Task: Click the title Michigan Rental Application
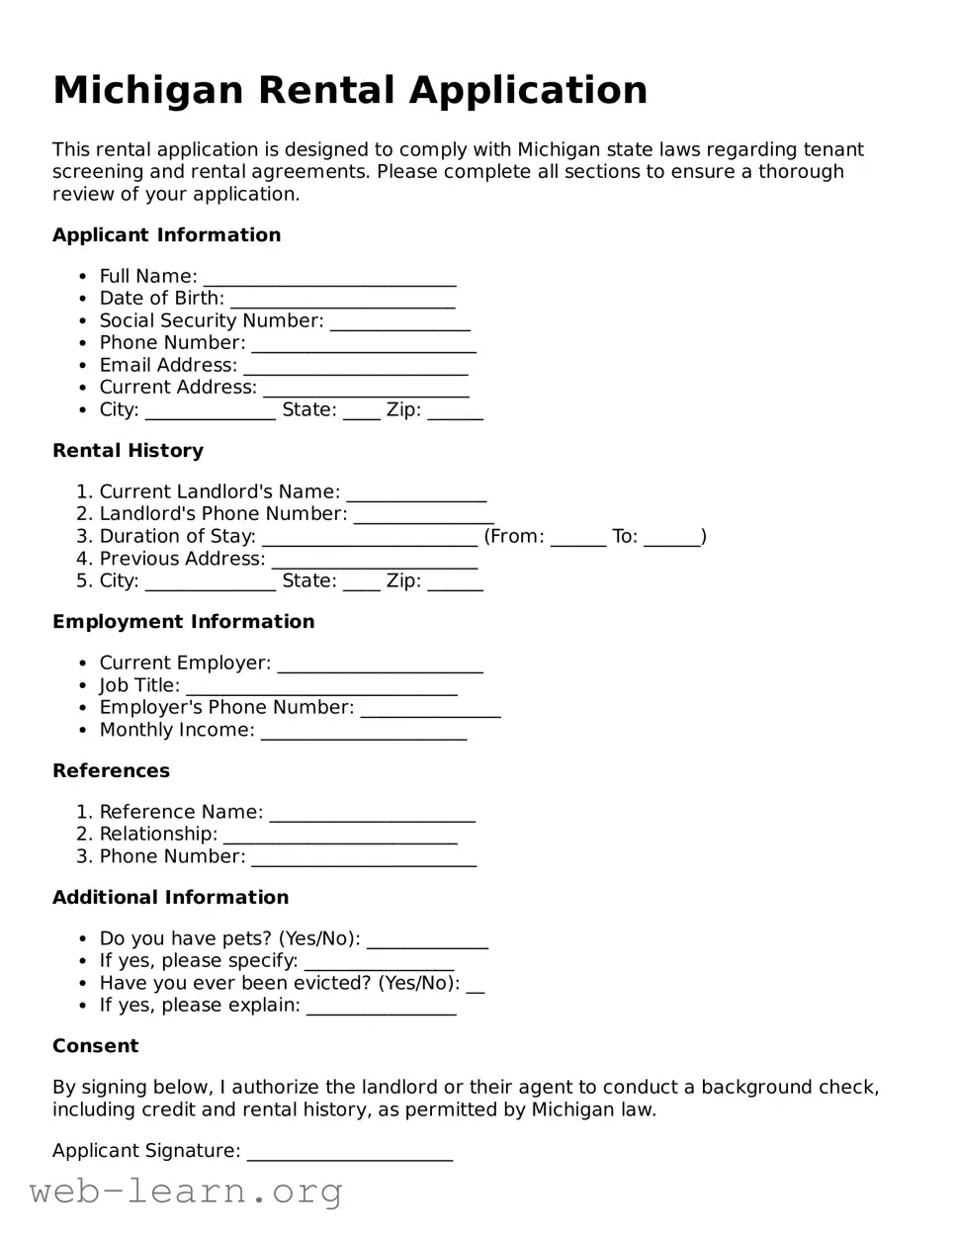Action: (350, 90)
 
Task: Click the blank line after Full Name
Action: (329, 278)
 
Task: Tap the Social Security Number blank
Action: (399, 322)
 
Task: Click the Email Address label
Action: (168, 365)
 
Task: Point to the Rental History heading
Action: (128, 451)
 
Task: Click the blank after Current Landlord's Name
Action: (416, 493)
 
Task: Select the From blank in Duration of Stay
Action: (577, 538)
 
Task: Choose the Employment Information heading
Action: (183, 622)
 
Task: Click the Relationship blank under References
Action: (340, 836)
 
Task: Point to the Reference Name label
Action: (181, 812)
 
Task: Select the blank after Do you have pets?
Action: (427, 940)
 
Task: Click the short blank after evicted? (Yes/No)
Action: (475, 985)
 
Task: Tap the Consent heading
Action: (95, 1046)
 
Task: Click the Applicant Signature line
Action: (349, 1152)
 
